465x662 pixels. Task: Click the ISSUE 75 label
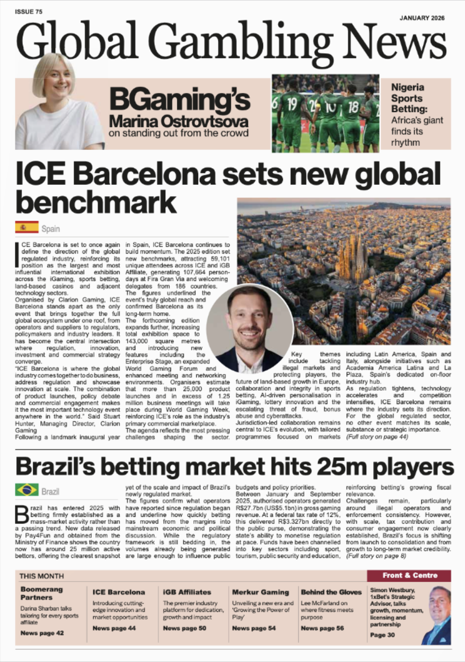[29, 11]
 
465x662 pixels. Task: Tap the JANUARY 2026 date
[422, 18]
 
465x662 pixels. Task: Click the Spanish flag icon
[27, 227]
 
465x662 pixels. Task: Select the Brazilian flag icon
[27, 490]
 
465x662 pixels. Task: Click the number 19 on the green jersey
[292, 102]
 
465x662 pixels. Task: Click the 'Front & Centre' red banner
[410, 575]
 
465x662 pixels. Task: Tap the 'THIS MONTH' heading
[42, 576]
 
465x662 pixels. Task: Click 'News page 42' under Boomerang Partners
[42, 634]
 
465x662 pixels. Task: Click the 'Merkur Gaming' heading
[260, 592]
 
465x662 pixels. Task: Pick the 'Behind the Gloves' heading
[331, 592]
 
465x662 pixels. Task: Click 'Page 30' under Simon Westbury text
[378, 635]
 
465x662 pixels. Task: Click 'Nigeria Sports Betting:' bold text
[408, 98]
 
